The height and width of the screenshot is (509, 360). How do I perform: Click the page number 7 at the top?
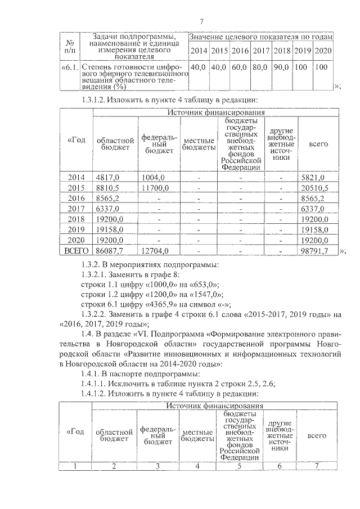pyautogui.click(x=201, y=21)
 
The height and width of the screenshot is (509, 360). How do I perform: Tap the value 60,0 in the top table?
pyautogui.click(x=240, y=67)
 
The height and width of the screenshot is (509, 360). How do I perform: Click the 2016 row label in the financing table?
pyautogui.click(x=75, y=198)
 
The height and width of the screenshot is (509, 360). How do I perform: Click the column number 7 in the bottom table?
pyautogui.click(x=316, y=465)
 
